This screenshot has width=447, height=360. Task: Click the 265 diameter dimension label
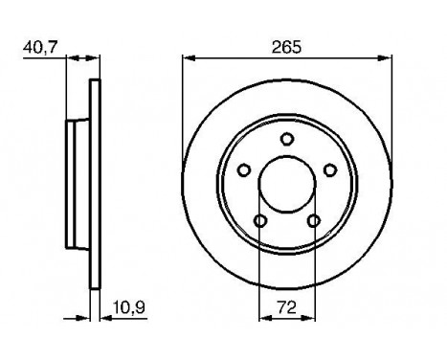285,45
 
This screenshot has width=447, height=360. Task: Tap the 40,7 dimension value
37,44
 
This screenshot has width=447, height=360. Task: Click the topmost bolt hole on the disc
286,141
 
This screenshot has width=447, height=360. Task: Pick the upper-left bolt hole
243,170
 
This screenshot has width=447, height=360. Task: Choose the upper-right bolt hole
330,170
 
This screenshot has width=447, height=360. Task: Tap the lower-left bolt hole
259,222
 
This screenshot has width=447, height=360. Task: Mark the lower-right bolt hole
313,222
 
